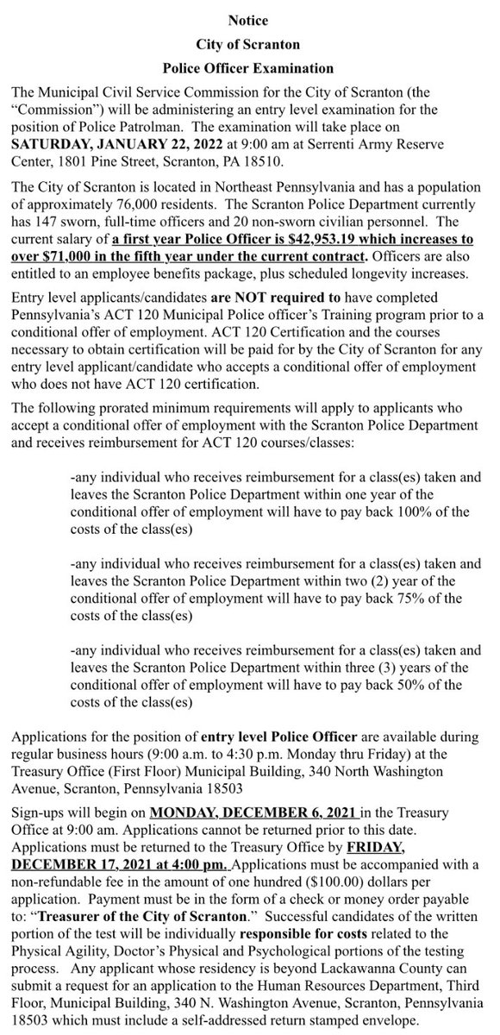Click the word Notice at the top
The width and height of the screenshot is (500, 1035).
click(x=249, y=18)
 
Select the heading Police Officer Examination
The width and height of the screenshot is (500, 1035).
click(x=249, y=66)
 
